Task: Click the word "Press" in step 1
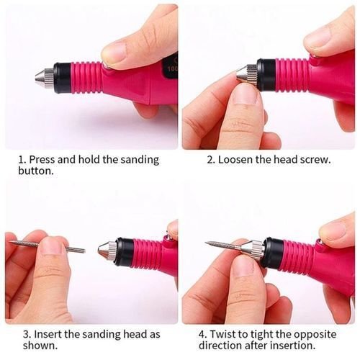[x=42, y=160]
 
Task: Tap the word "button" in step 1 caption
[x=35, y=171]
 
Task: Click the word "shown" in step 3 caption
[x=40, y=346]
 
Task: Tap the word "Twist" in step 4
[x=222, y=334]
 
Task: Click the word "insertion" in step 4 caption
[x=292, y=346]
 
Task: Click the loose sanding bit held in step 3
[x=48, y=247]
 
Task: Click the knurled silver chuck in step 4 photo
[x=256, y=250]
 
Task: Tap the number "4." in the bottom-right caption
[x=203, y=334]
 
